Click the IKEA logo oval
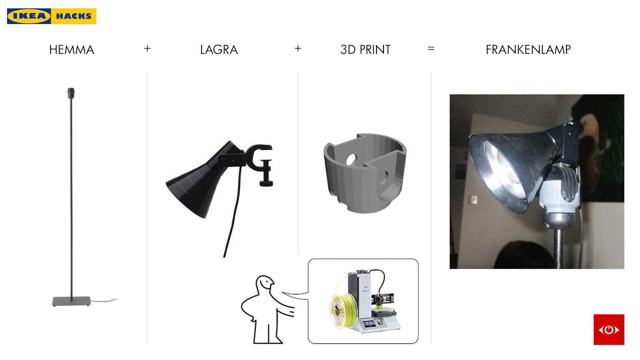(29, 16)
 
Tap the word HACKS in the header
(74, 16)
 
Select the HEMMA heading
(72, 50)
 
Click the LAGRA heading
(219, 50)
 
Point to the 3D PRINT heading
(366, 50)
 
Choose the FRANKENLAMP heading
(528, 50)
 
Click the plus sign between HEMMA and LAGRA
(147, 48)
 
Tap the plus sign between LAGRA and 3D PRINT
(298, 48)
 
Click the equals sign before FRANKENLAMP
(431, 48)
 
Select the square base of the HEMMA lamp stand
(72, 302)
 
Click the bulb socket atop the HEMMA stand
(71, 93)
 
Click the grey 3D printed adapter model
(365, 173)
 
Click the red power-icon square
(609, 330)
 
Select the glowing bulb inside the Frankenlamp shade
(506, 168)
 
